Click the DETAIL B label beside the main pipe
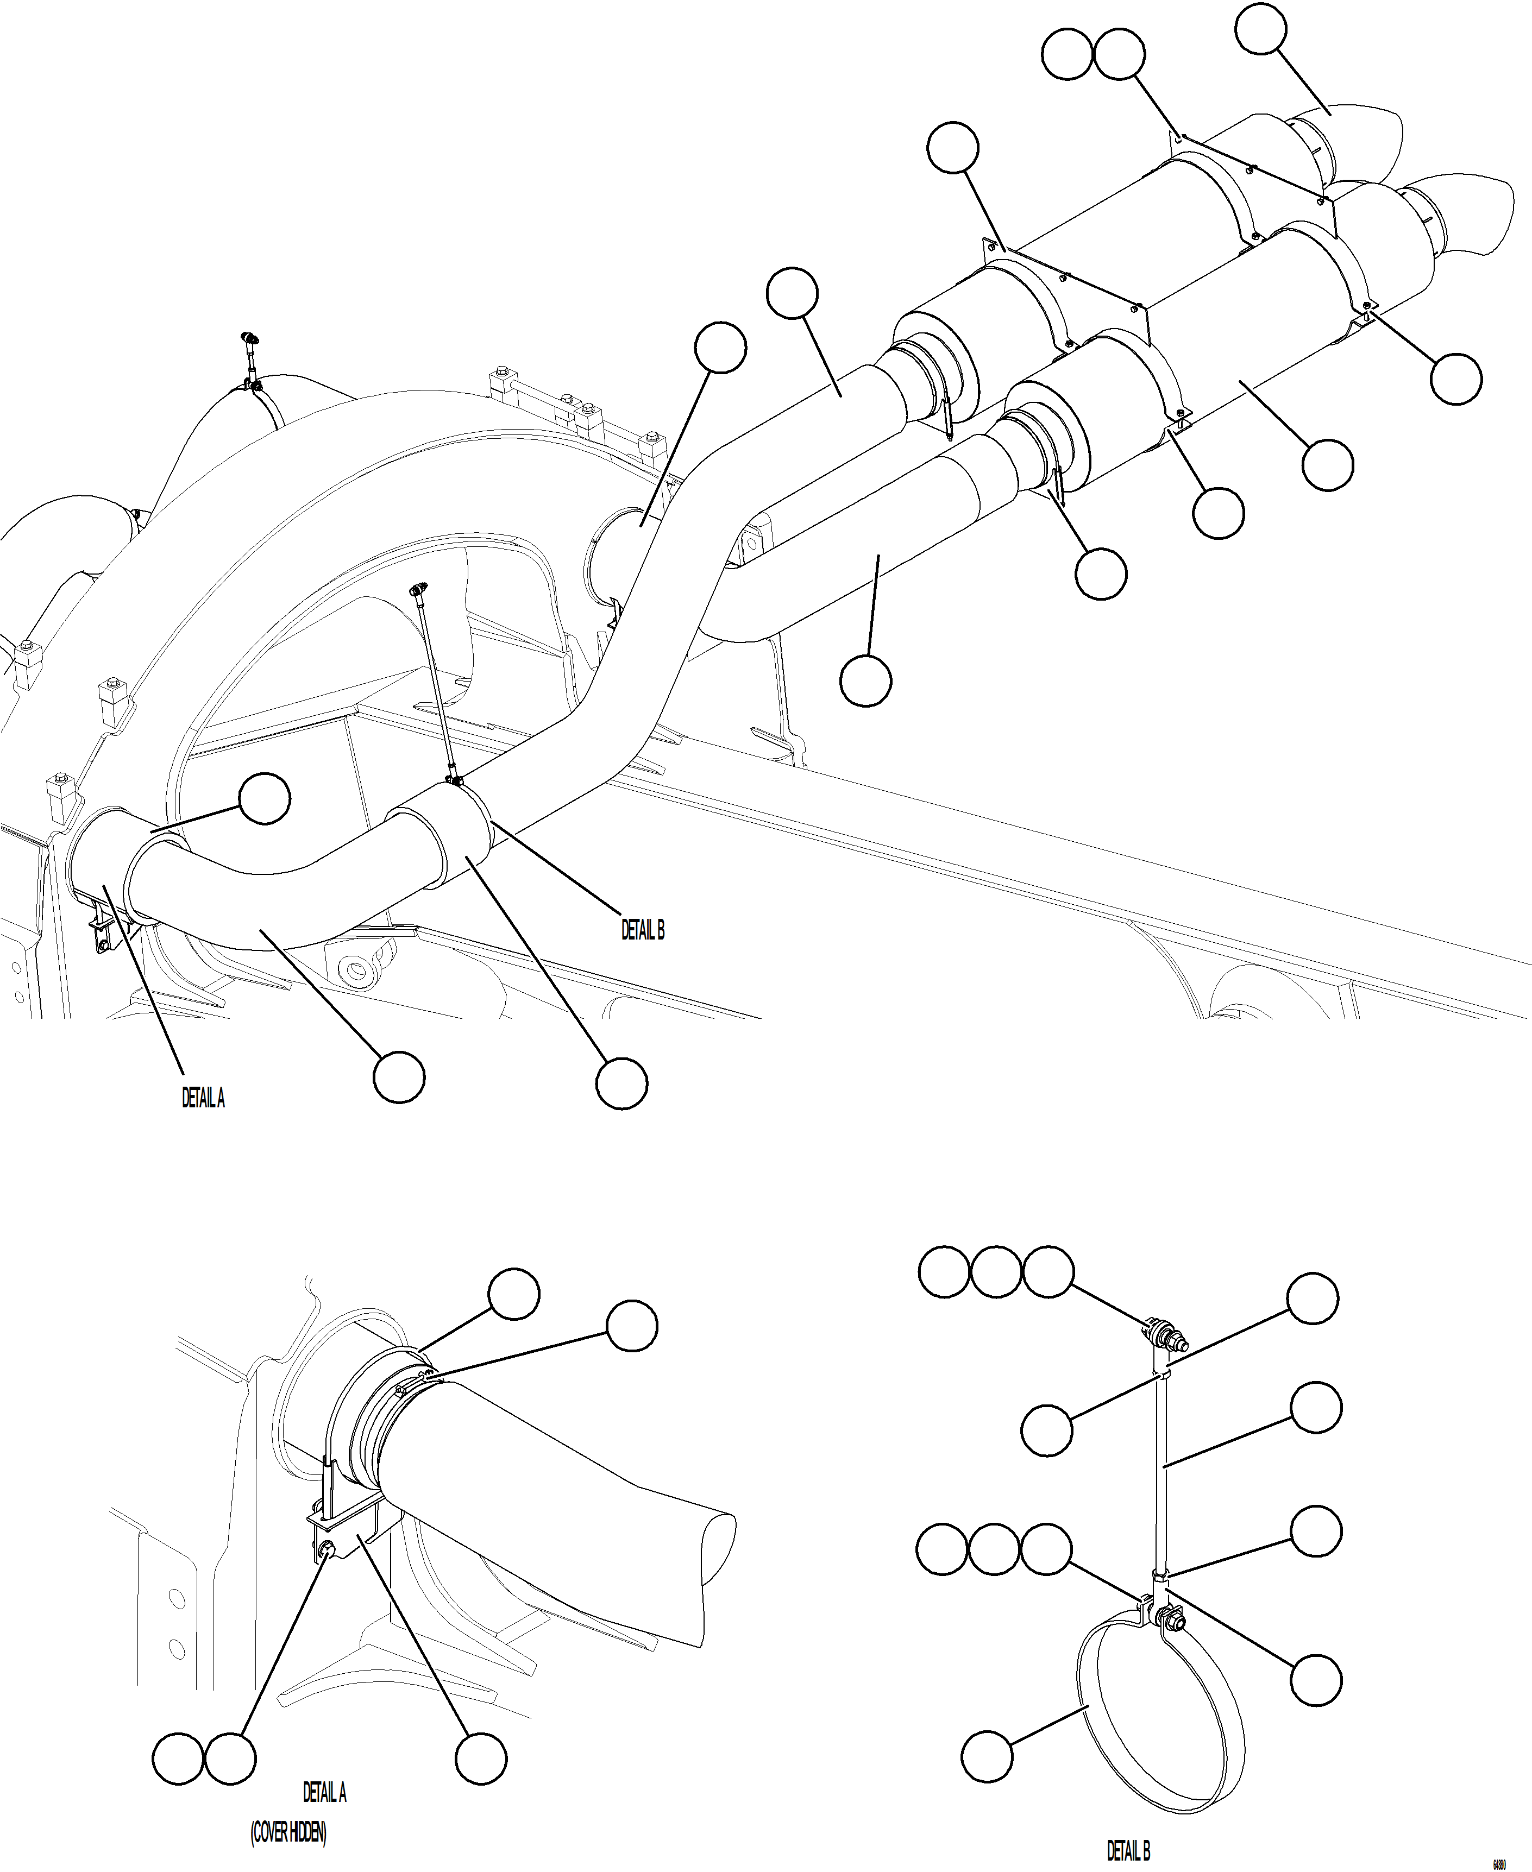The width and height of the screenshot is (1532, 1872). click(x=643, y=930)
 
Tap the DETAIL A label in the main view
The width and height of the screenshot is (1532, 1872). click(x=203, y=1098)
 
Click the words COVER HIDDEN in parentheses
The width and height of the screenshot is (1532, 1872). click(x=288, y=1831)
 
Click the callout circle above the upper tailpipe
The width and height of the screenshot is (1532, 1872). click(x=1260, y=29)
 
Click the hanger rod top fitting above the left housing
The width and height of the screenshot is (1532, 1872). click(x=250, y=339)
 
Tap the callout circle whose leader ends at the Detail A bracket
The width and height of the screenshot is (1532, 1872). click(x=482, y=1758)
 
